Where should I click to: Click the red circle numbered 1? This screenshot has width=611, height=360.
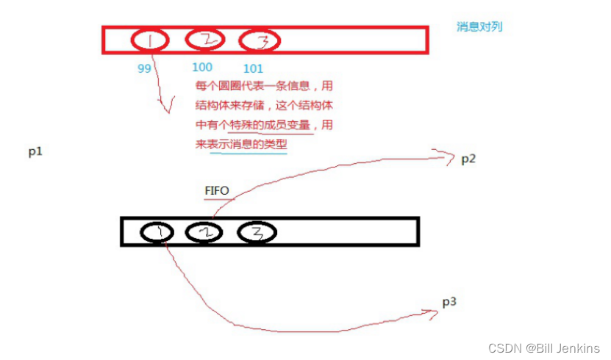click(150, 40)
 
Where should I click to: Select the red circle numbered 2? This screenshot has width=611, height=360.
click(204, 40)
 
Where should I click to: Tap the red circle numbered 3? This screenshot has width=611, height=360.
click(260, 41)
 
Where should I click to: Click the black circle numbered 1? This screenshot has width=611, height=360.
click(157, 232)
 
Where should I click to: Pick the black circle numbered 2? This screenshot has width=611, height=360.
click(204, 232)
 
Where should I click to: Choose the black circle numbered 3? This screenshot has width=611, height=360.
click(257, 232)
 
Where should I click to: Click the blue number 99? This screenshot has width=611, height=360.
click(145, 68)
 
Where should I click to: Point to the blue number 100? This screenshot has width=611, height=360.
click(201, 68)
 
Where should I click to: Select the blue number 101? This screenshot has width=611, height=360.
click(253, 69)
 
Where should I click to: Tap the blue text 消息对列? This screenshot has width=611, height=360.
click(479, 26)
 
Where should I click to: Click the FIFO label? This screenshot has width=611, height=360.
click(217, 191)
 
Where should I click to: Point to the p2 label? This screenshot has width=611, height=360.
click(468, 159)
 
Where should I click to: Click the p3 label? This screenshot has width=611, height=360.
click(450, 302)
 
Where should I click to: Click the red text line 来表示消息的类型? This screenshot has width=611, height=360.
click(241, 145)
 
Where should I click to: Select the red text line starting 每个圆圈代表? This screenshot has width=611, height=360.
click(264, 85)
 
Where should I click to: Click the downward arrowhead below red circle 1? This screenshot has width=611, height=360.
click(168, 110)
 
